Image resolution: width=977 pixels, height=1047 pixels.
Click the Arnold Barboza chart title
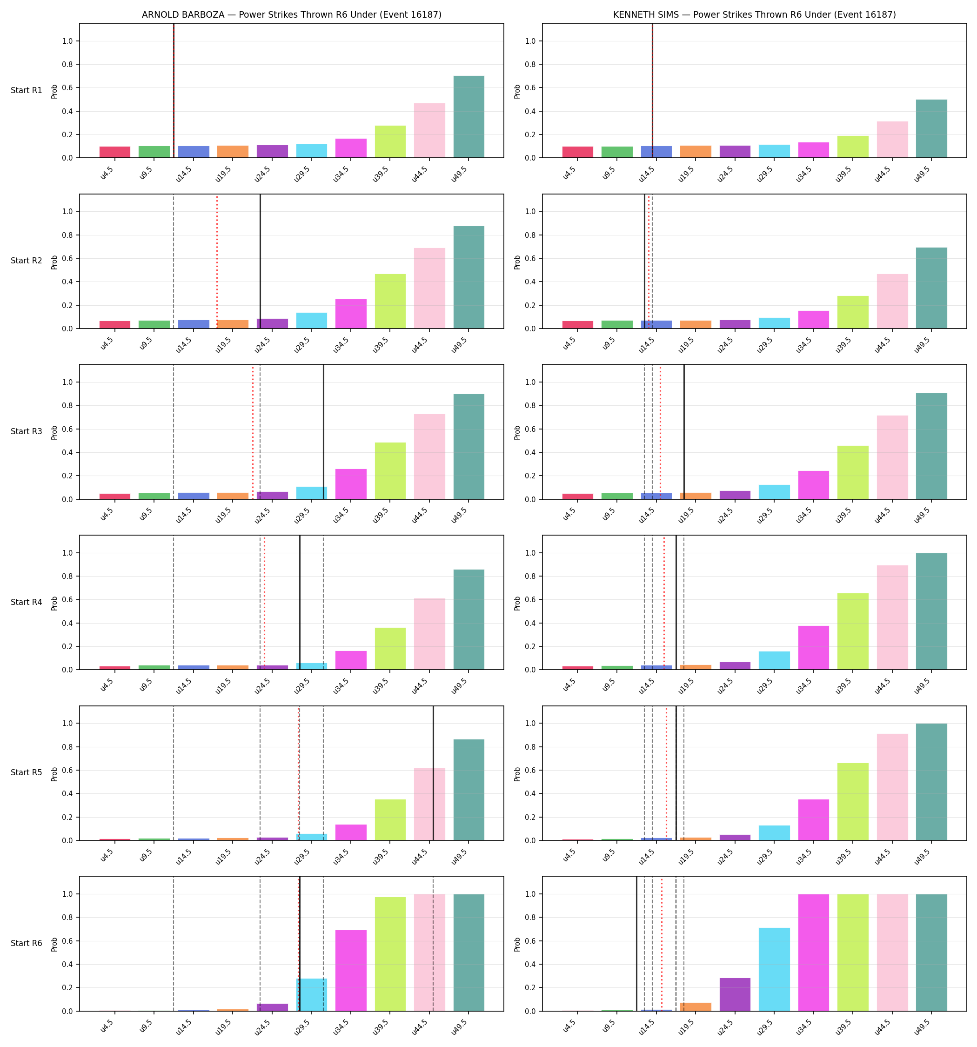(291, 15)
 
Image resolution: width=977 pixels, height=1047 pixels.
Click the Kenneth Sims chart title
(754, 15)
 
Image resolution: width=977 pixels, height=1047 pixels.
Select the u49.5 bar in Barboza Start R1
(469, 117)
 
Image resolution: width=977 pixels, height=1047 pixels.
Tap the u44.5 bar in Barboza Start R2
(429, 288)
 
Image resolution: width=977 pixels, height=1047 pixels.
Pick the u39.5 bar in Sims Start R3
(853, 472)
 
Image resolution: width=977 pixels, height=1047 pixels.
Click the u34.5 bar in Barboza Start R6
(351, 971)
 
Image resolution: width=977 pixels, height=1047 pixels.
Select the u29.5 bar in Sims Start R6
(774, 970)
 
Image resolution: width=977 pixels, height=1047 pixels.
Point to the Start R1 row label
(27, 91)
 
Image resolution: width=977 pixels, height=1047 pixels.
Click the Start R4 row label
(27, 602)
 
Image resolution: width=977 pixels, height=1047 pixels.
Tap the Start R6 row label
(27, 943)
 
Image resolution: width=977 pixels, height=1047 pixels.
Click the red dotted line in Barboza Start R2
(217, 261)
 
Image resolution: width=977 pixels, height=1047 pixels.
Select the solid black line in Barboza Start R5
(434, 773)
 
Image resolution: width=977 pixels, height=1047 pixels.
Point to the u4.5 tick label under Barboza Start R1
(107, 173)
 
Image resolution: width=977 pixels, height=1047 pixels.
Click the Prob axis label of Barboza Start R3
(54, 432)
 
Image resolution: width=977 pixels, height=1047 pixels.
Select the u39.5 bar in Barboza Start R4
(390, 649)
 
